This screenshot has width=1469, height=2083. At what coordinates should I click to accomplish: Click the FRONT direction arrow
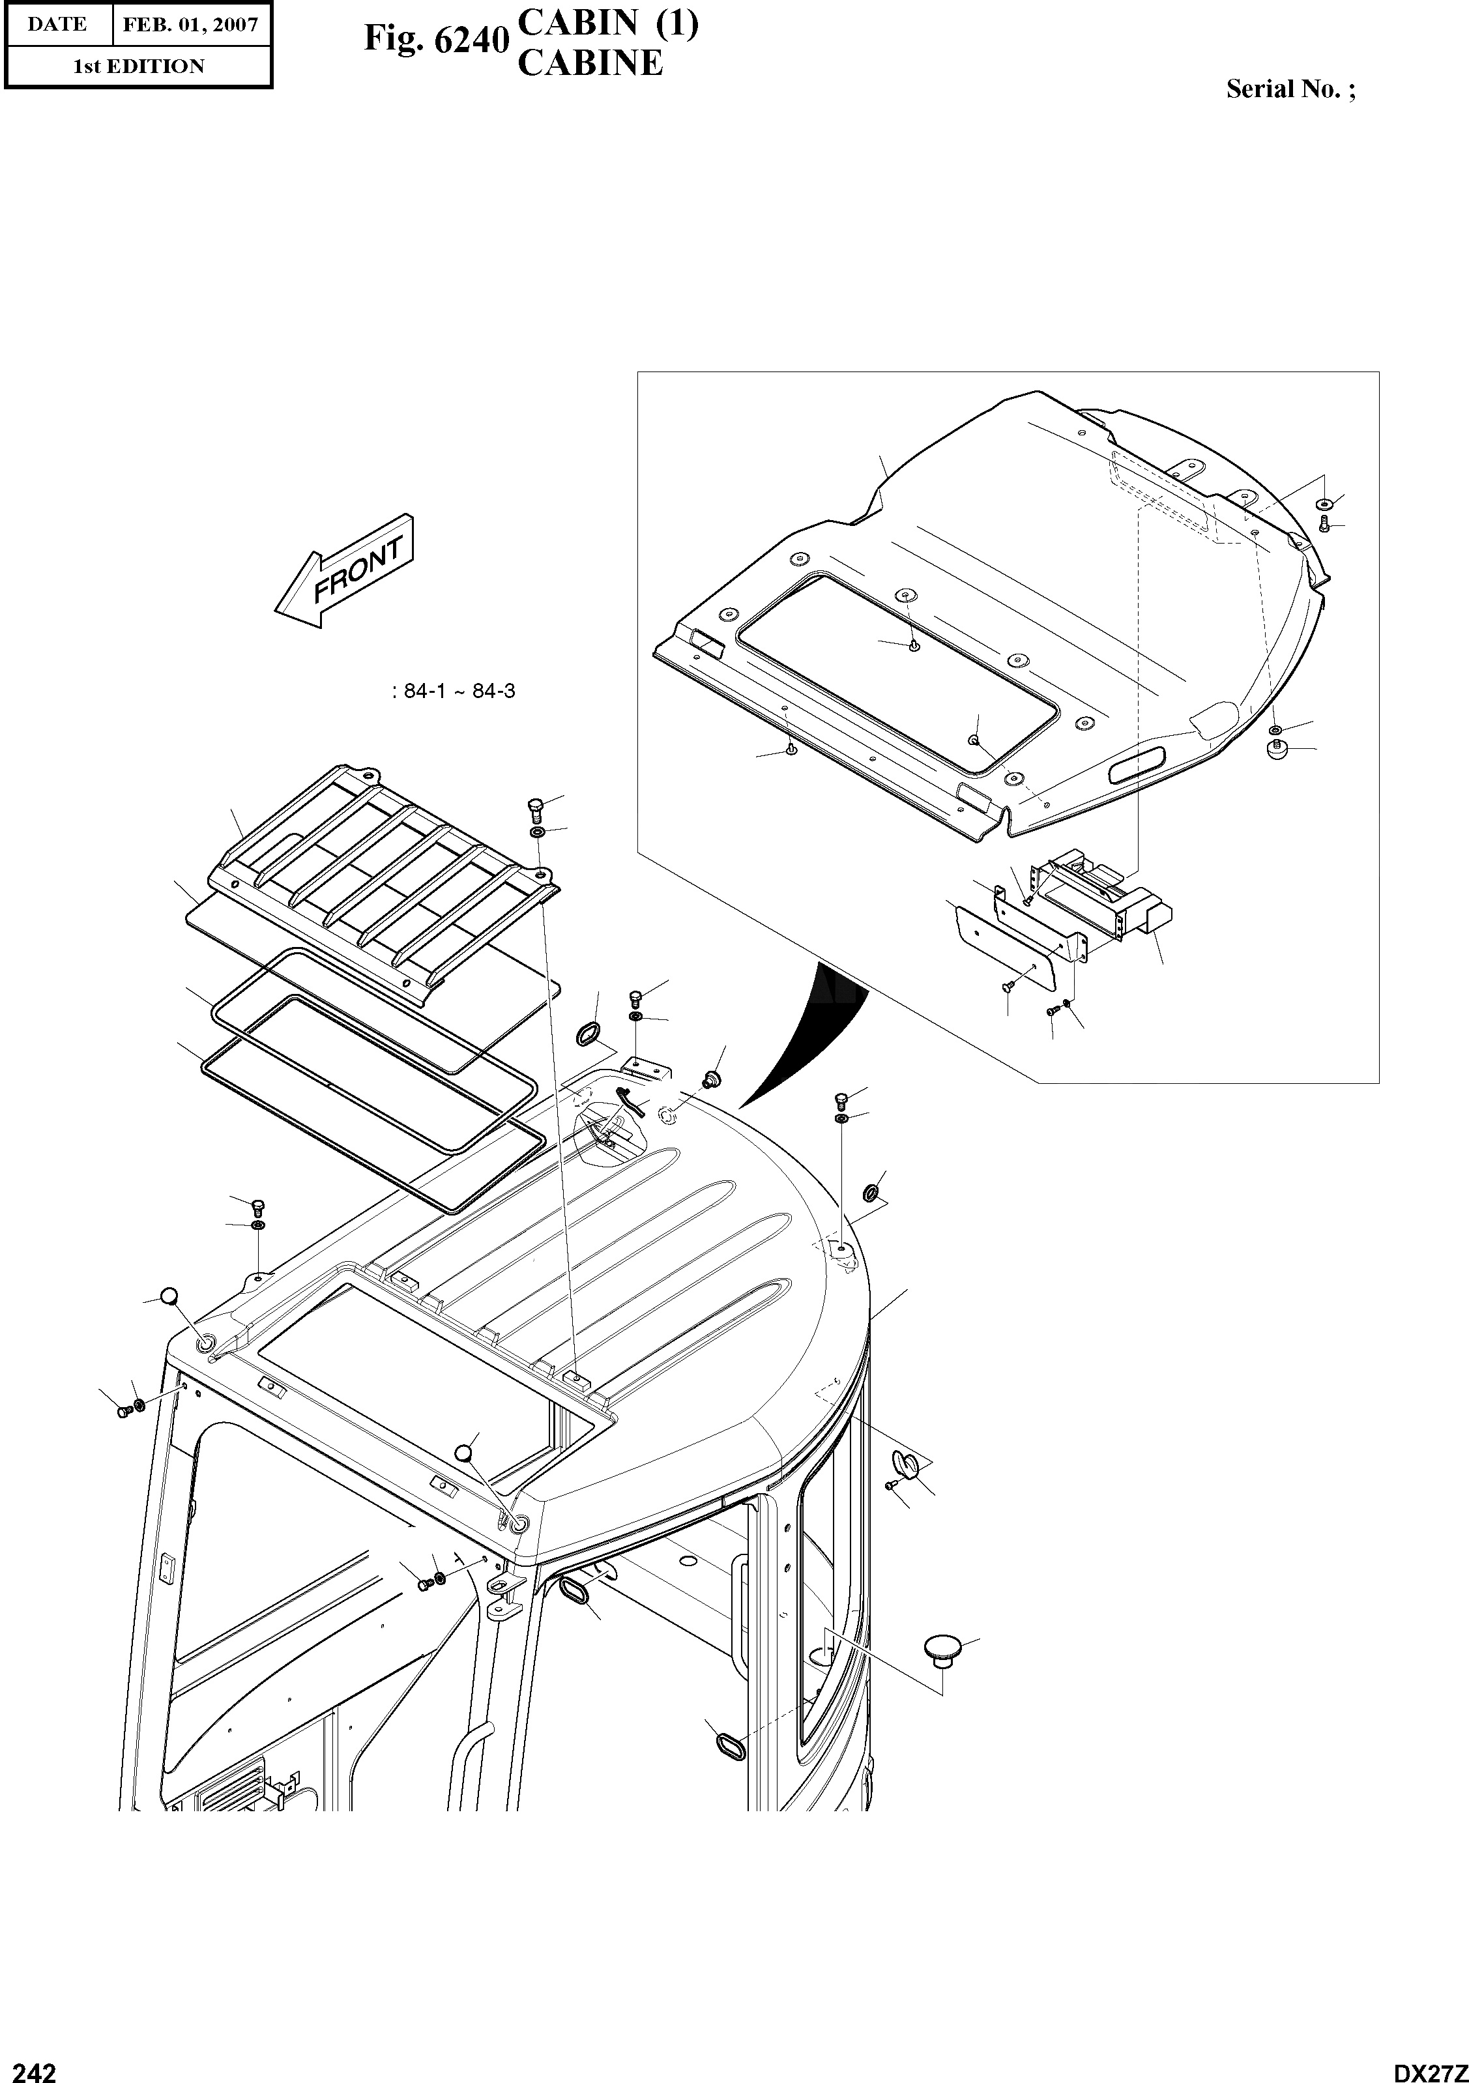345,571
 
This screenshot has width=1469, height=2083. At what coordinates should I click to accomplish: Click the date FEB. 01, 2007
190,25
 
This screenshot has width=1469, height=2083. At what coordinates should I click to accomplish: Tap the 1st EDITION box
138,66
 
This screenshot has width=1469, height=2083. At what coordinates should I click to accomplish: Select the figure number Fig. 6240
433,38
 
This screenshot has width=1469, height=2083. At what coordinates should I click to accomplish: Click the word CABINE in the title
590,63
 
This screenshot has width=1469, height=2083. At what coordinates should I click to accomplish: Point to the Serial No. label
1289,89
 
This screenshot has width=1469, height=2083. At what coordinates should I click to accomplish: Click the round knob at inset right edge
1277,750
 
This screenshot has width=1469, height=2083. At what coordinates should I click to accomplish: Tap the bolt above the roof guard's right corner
534,806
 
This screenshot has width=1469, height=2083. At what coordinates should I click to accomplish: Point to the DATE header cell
57,25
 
